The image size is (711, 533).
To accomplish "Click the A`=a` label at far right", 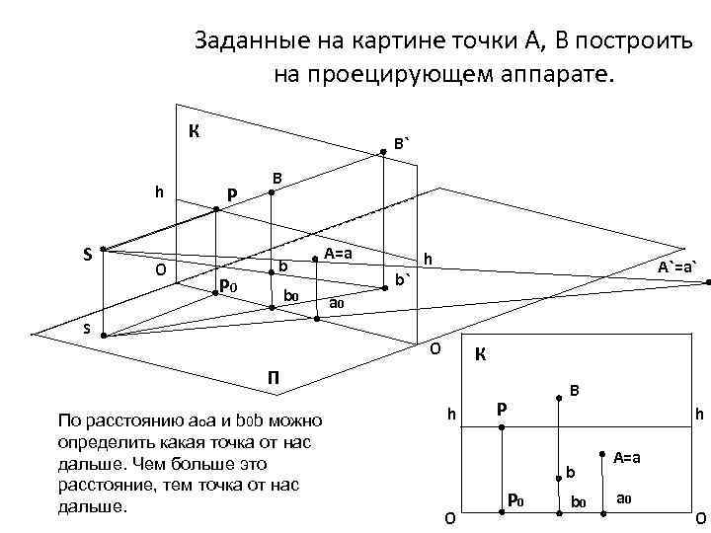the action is (x=677, y=266).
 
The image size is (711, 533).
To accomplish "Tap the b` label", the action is (x=402, y=279).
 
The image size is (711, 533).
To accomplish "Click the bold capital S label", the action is (x=88, y=254).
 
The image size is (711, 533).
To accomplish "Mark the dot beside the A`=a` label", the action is (x=708, y=283).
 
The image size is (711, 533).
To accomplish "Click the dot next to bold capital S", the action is (x=103, y=250).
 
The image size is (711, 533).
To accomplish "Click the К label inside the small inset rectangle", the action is (x=480, y=353).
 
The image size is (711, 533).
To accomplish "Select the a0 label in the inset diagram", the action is (x=623, y=498).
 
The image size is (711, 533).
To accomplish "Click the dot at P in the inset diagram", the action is (x=502, y=428).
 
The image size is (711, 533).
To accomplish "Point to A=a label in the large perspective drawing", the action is (x=339, y=254).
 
